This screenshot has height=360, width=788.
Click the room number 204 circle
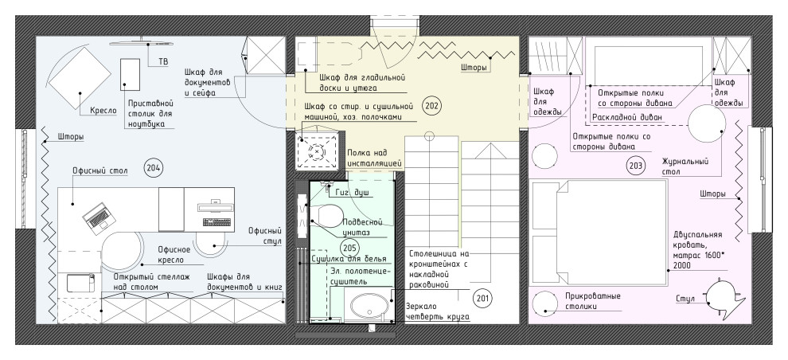click(x=154, y=167)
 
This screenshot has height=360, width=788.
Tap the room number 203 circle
click(x=636, y=165)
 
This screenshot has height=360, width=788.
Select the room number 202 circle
click(x=431, y=106)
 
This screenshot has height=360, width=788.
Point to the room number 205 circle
click(x=349, y=248)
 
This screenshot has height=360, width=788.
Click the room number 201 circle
click(x=482, y=299)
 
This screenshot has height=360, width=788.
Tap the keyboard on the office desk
click(x=217, y=223)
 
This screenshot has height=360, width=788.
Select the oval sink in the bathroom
click(x=370, y=304)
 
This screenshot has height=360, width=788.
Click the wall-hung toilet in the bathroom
click(x=326, y=216)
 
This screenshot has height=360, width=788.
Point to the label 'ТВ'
click(x=163, y=61)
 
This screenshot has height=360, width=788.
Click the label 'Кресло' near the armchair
click(x=103, y=111)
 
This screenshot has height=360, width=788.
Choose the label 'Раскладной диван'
click(x=627, y=117)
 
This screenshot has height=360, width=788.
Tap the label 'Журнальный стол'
click(x=685, y=166)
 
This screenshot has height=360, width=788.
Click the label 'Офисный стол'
click(x=100, y=171)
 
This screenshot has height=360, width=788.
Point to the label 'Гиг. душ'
click(x=354, y=192)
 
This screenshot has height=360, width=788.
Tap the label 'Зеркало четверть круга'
click(x=437, y=311)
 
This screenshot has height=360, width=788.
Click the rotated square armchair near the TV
click(x=80, y=77)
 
